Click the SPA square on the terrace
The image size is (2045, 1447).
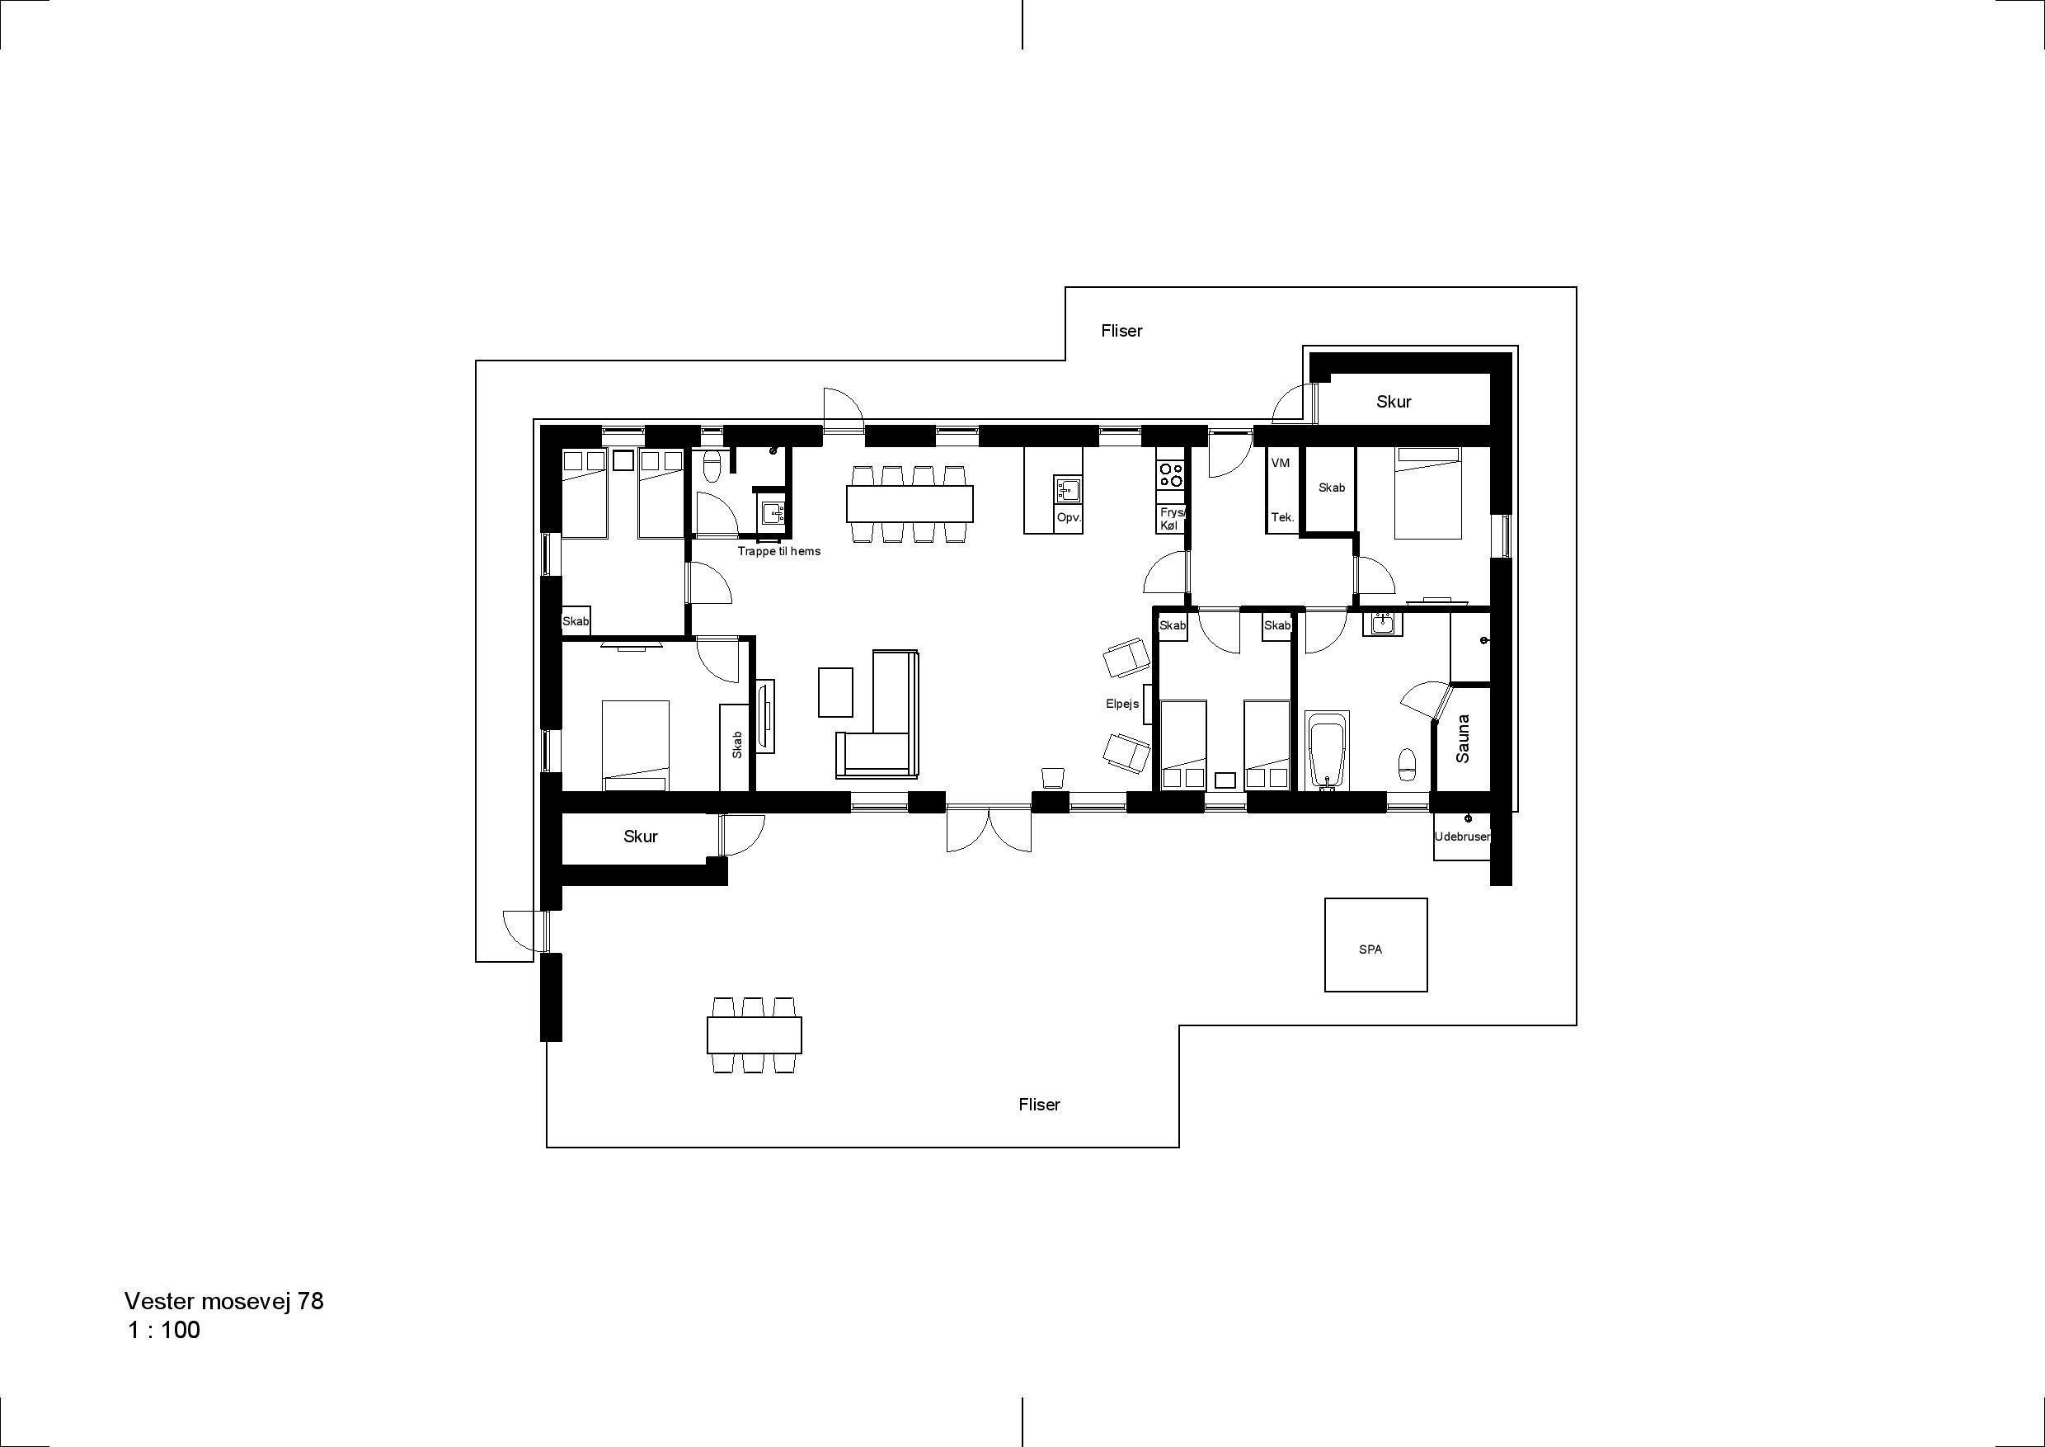tap(1375, 945)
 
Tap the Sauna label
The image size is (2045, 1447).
tap(1463, 738)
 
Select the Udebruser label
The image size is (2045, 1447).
tap(1462, 837)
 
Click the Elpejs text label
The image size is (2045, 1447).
tap(1122, 704)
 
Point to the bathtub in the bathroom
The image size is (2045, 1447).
tap(1327, 750)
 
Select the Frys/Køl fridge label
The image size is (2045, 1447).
tap(1170, 520)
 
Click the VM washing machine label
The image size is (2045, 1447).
tap(1281, 464)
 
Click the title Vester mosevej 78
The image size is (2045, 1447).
tap(223, 1302)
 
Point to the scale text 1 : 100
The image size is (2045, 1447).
tap(164, 1332)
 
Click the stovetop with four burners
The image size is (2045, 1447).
tap(1170, 474)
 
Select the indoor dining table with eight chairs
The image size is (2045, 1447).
tap(910, 503)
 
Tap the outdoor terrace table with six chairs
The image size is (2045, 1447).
tap(755, 1035)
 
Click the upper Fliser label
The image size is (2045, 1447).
tap(1121, 331)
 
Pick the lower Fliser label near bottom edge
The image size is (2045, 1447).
tap(1040, 1105)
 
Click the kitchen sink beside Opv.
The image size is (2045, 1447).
tap(1067, 489)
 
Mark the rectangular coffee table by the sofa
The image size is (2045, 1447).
tap(835, 692)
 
